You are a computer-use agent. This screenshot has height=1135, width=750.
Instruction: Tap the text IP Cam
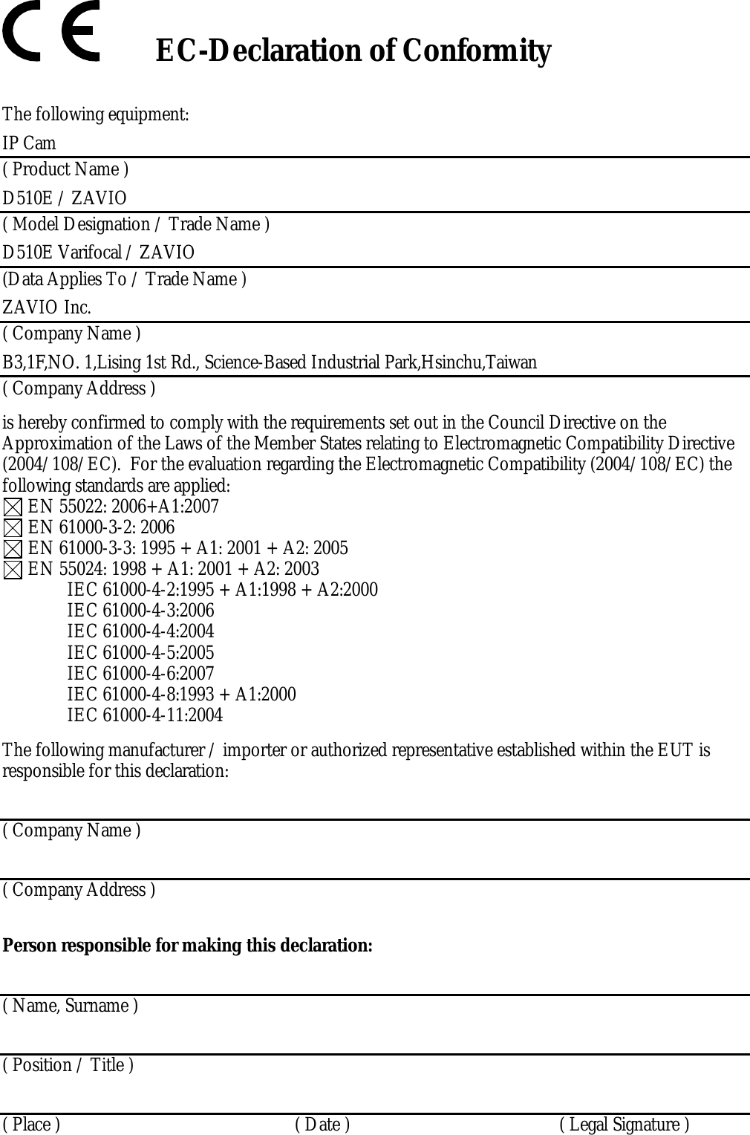[29, 143]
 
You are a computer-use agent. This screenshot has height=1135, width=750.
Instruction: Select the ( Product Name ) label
[65, 169]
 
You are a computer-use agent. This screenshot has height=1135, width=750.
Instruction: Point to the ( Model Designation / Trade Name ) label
[136, 224]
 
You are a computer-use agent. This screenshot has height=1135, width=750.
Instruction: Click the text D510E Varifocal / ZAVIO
[98, 253]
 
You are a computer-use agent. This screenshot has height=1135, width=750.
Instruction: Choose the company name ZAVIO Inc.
[47, 308]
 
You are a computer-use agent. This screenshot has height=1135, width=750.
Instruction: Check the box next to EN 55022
[12, 508]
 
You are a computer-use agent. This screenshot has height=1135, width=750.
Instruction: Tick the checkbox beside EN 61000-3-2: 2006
[12, 529]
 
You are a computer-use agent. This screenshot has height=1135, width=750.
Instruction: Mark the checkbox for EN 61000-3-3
[12, 550]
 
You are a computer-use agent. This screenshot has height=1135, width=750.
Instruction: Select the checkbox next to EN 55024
[12, 570]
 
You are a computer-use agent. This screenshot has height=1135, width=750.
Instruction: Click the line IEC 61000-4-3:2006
[140, 611]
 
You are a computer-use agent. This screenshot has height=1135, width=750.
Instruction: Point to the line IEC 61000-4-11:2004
[145, 715]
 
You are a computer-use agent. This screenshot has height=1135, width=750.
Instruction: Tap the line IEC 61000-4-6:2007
[140, 674]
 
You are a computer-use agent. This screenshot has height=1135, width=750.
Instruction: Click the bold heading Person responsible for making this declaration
[188, 946]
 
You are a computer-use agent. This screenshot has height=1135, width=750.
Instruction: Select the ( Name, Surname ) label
[70, 1006]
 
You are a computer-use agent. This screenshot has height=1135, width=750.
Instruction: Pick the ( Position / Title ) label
[68, 1065]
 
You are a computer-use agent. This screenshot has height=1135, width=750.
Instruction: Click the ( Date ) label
[322, 1125]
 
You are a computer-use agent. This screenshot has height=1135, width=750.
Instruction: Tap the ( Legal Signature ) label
[624, 1125]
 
